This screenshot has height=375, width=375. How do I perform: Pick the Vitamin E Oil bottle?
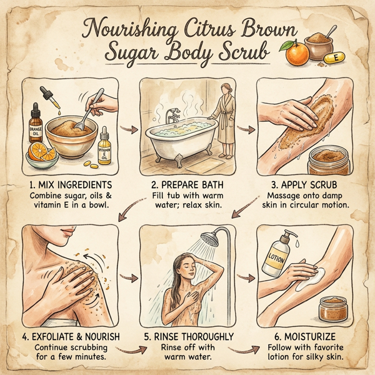click(x=104, y=146)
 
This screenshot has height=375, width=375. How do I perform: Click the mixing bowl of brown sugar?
click(x=70, y=134)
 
